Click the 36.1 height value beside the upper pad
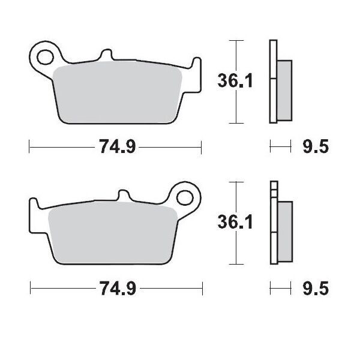coord(234,80)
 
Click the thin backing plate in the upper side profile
coord(274,82)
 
